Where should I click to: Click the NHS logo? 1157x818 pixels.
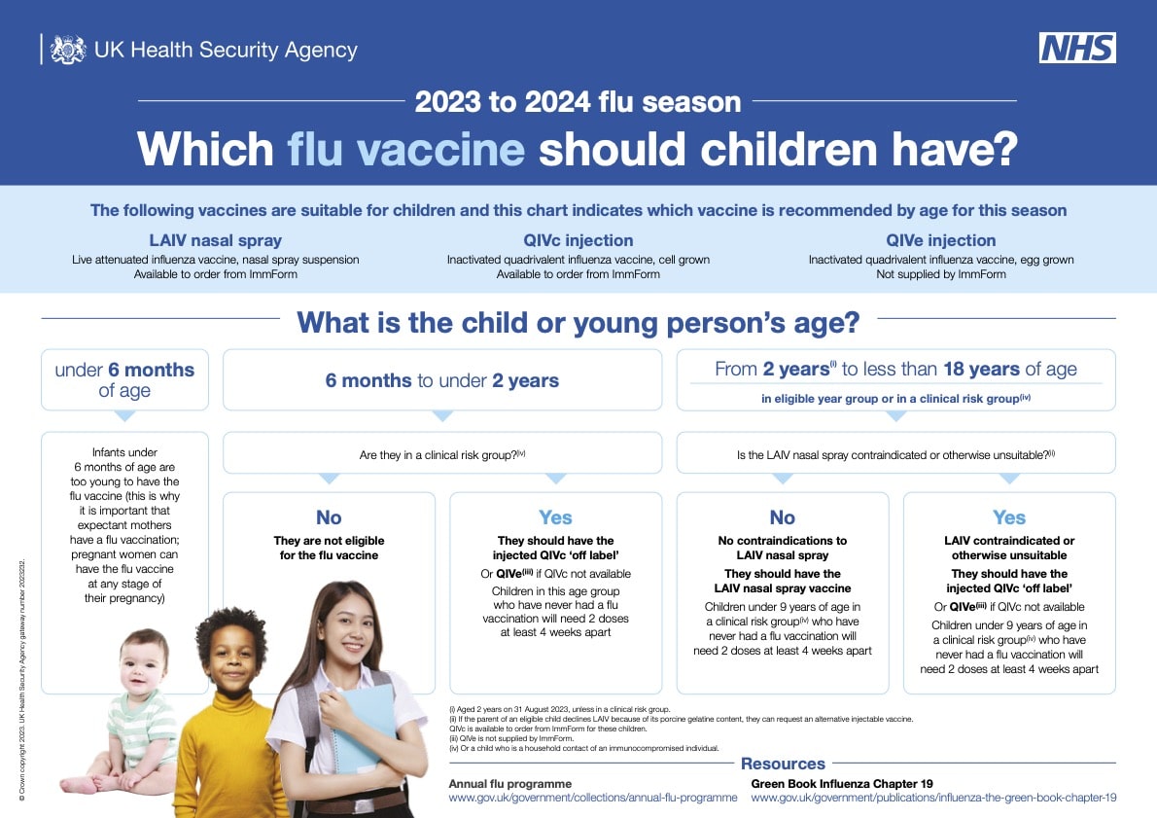(1077, 48)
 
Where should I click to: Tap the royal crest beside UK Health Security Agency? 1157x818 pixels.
(68, 50)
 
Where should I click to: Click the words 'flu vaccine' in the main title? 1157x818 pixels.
(405, 149)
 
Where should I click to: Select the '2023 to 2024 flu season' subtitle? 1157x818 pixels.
(578, 102)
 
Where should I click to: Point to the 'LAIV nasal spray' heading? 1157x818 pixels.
(216, 240)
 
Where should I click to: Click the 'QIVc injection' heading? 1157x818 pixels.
(578, 240)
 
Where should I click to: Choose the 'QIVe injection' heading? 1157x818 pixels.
(941, 240)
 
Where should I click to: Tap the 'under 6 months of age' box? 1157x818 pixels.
(124, 379)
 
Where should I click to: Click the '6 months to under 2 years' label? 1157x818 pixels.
(442, 381)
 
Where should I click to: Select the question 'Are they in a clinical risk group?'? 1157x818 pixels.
(442, 455)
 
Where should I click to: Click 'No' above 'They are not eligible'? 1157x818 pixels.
(329, 517)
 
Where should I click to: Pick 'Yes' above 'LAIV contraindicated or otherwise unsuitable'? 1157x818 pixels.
(1009, 517)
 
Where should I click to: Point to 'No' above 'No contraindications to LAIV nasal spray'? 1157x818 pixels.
(782, 517)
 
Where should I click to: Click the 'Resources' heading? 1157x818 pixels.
(783, 765)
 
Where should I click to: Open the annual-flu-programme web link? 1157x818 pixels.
(593, 799)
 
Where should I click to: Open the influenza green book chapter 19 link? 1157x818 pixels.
(933, 799)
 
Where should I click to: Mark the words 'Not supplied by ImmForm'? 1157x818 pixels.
(941, 274)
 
